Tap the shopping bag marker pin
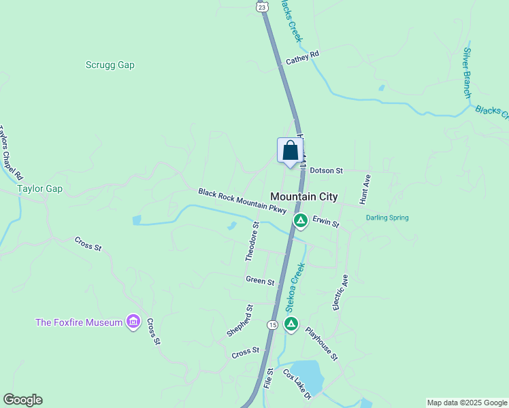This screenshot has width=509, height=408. click(290, 151)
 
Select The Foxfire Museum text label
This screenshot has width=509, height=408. click(79, 322)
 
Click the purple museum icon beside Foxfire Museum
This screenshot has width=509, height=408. click(133, 322)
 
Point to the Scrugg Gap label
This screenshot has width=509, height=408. click(110, 65)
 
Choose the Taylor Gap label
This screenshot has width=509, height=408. click(39, 188)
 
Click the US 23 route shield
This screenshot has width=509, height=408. click(261, 5)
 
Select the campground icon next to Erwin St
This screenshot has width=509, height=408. click(300, 221)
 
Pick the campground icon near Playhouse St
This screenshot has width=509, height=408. click(291, 324)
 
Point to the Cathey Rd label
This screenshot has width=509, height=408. click(302, 58)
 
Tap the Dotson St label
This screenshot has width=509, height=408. click(327, 171)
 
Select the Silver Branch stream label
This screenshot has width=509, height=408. click(467, 72)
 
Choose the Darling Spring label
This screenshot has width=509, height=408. click(387, 218)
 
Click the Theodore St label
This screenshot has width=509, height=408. click(252, 241)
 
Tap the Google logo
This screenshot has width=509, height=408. click(22, 400)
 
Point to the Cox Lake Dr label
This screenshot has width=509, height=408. click(297, 385)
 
